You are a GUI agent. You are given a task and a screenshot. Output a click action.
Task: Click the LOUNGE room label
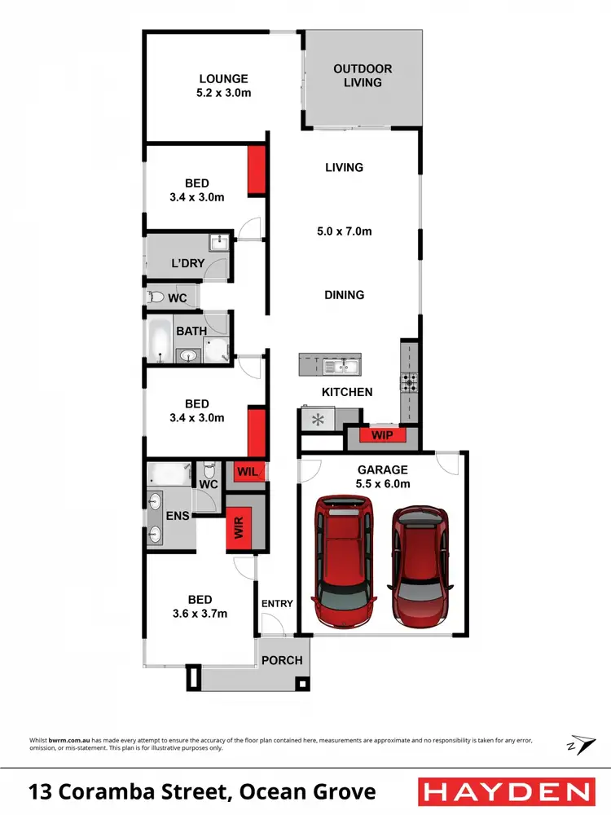pos(223,79)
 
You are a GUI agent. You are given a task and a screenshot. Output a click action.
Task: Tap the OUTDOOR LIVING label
pos(363,76)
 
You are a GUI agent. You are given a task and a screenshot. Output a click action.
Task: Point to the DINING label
pos(344,295)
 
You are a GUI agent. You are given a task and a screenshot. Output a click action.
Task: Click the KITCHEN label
pos(347,392)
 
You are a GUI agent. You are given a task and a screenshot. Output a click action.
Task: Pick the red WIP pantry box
pos(382,436)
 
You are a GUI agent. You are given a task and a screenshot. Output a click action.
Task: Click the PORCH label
pos(282,660)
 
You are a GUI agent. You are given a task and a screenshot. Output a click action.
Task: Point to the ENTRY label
pos(276,603)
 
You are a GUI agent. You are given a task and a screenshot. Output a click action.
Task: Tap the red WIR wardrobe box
pos(240,526)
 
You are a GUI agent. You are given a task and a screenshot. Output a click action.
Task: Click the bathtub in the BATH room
pos(158,339)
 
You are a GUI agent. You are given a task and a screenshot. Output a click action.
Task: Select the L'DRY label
pos(187,263)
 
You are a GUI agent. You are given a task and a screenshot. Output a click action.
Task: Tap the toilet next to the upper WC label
pos(156,298)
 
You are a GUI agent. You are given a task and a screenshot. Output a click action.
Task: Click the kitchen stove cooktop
pos(408,381)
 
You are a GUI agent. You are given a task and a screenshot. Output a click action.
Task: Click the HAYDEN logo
pos(505,792)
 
